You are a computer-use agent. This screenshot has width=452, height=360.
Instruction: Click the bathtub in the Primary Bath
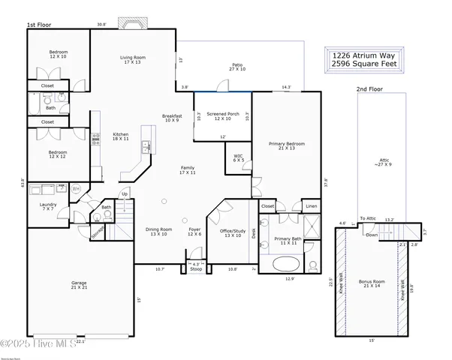(285, 265)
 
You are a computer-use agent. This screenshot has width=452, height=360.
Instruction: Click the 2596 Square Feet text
(364, 64)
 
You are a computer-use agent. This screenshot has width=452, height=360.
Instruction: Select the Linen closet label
(309, 205)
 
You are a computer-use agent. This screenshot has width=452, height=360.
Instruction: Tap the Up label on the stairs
(125, 193)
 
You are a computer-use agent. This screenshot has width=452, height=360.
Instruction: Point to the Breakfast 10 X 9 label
(173, 118)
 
